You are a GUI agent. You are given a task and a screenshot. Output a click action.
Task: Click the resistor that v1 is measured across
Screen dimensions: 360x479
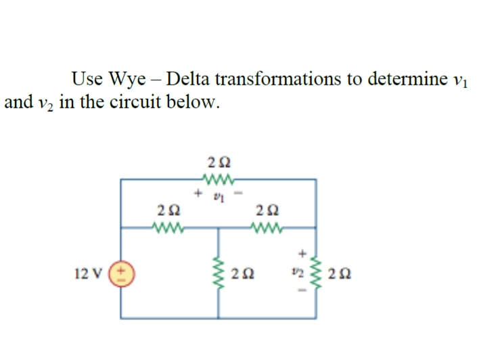(219, 179)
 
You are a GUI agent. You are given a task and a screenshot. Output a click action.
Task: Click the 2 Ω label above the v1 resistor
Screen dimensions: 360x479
(219, 162)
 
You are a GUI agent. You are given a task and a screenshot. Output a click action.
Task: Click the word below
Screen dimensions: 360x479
(200, 103)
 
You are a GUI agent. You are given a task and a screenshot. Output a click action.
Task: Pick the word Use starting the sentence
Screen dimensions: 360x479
(87, 78)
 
